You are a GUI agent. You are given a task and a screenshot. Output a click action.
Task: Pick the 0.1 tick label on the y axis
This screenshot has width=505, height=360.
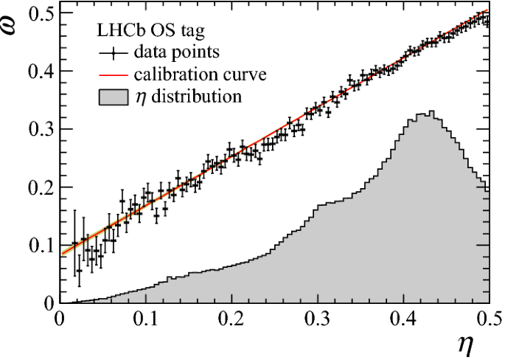[x=38, y=245]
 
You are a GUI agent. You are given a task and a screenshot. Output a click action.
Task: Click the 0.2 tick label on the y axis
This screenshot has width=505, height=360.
[x=38, y=187]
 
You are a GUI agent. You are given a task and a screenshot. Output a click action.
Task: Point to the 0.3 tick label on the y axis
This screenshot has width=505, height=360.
[x=38, y=129]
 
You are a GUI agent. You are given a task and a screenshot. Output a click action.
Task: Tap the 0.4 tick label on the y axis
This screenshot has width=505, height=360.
[x=38, y=72]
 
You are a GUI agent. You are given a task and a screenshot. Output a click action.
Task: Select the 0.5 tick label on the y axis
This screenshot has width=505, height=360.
[x=38, y=14]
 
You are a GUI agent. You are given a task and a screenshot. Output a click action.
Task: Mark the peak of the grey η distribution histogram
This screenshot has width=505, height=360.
[x=431, y=112]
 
